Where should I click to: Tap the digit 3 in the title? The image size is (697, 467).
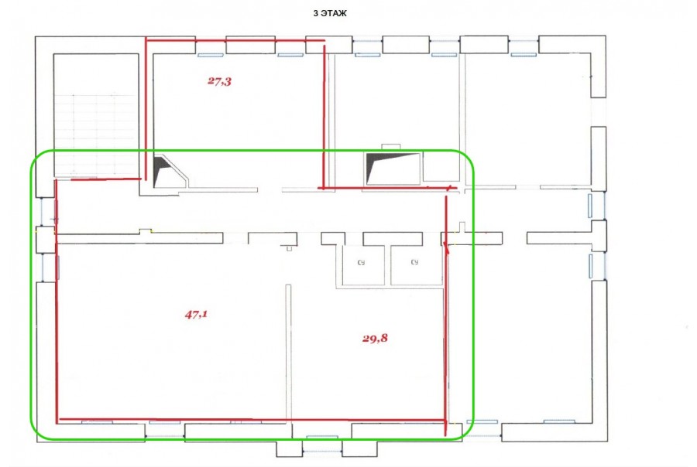pos(316,14)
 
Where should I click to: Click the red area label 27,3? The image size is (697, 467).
pos(220,81)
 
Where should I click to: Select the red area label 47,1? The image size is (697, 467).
pos(196,315)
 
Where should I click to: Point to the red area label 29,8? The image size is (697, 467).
pos(375,338)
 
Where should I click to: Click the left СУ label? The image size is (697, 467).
pos(361,263)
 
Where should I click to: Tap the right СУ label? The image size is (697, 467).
pos(414,262)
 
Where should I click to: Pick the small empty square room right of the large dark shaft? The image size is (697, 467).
pos(441,166)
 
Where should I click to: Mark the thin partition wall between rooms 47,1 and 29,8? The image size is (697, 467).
pos(289,353)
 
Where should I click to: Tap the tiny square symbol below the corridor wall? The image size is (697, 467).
pos(289,249)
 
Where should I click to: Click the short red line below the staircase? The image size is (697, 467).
pos(106,179)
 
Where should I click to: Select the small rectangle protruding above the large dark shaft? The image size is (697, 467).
pos(391,147)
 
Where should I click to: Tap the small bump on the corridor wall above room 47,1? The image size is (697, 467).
pos(145,231)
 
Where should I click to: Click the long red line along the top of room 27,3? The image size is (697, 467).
pos(235,40)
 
